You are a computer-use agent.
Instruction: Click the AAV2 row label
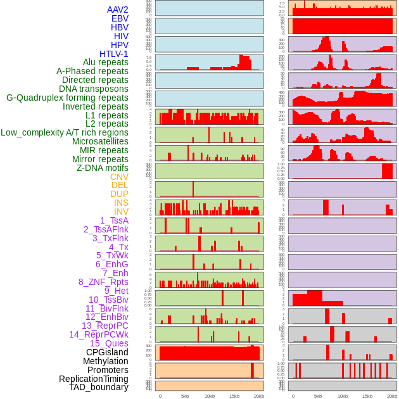pos(117,9)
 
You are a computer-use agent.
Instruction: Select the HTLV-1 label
pos(113,54)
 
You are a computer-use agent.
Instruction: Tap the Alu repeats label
pos(105,62)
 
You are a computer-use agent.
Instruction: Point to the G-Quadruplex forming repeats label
pos(67,98)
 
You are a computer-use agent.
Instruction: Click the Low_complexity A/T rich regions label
pos(65,132)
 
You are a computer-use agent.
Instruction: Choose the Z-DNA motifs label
pos(102,168)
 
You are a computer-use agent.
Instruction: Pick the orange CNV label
pos(119,177)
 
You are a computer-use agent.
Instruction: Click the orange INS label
pos(121,203)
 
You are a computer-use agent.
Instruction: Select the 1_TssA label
pos(114,220)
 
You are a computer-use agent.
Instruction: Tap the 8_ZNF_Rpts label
pos(103,282)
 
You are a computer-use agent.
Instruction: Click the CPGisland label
pos(107,352)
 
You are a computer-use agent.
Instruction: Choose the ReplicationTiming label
pos(93,379)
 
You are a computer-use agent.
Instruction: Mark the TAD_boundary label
pos(98,387)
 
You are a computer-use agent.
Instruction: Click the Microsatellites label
pos(100,141)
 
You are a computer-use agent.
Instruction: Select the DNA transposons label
pos(93,89)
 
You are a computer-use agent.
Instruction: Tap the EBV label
pos(120,18)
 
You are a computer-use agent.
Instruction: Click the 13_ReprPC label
pos(104,326)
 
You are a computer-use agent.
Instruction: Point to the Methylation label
pos(105,361)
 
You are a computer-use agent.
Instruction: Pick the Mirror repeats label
pos(100,159)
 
